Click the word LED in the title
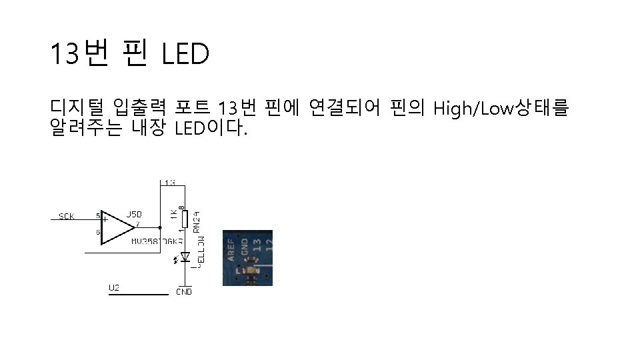[185, 55]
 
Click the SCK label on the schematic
[67, 217]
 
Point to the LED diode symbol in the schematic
[185, 257]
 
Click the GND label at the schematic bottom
[184, 291]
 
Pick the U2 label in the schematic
[114, 287]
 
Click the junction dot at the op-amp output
[161, 227]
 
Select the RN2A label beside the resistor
[197, 221]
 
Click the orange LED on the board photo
[251, 271]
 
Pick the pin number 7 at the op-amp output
[137, 224]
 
